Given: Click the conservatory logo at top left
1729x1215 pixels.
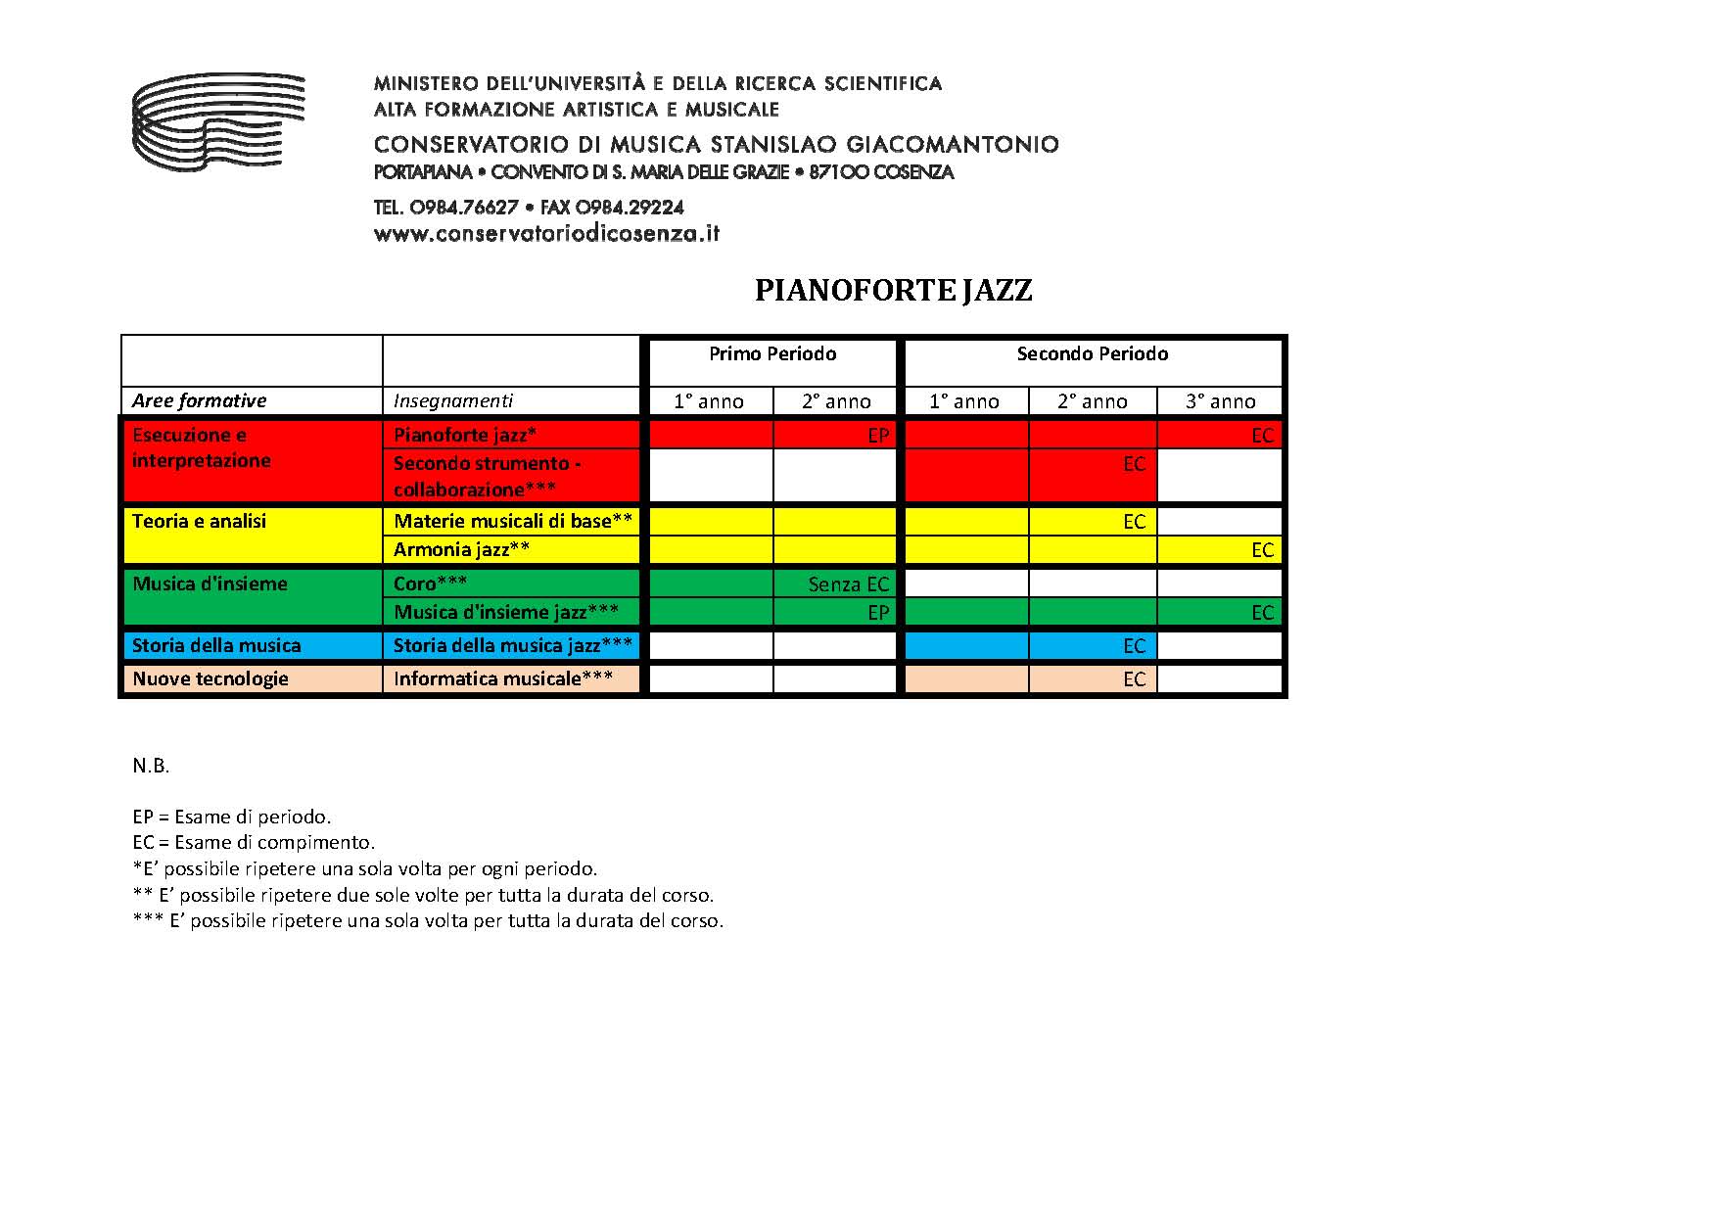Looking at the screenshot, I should [217, 121].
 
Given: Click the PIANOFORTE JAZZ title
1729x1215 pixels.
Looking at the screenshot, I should [893, 291].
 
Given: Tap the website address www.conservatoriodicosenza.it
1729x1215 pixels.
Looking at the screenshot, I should [546, 234].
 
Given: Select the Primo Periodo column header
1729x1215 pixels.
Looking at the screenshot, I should [772, 354].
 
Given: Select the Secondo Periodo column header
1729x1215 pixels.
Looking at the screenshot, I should [1092, 354].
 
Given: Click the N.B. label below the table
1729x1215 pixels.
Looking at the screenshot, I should [151, 766].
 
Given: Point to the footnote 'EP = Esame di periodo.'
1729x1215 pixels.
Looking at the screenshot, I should [232, 817].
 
